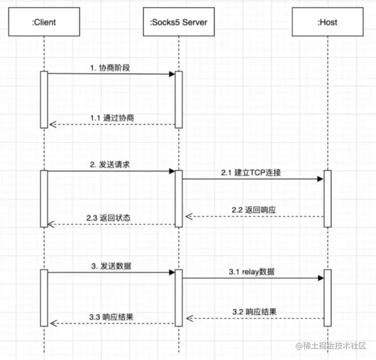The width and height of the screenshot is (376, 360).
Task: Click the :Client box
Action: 44,22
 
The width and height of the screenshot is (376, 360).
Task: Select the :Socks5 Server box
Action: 178,22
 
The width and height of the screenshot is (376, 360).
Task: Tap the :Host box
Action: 327,22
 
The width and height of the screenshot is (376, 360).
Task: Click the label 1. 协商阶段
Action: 111,68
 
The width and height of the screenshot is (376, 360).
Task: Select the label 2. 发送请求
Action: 111,164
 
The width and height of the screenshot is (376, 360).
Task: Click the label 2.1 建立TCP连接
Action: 251,172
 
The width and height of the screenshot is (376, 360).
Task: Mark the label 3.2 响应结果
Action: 255,311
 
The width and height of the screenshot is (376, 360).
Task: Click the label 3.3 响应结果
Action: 111,317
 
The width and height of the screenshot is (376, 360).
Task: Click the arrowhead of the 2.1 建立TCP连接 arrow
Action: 320,179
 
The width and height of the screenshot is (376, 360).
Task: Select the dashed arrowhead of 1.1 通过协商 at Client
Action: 51,124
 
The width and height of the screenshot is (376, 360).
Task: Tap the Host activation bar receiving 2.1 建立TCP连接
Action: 327,199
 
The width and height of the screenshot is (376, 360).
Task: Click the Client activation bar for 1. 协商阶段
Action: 44,99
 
